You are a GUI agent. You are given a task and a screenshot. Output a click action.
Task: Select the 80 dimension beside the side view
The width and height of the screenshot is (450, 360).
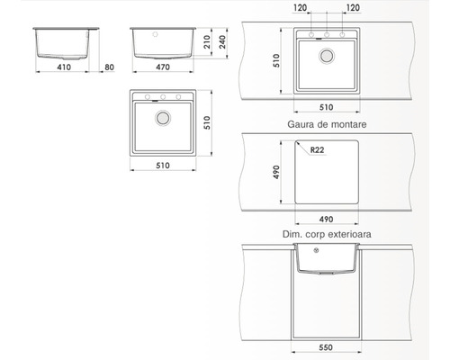click(x=109, y=66)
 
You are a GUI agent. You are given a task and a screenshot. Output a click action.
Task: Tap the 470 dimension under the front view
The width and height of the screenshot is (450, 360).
click(x=163, y=66)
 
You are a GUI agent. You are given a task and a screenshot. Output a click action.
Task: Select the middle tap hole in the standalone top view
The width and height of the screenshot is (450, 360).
click(x=163, y=97)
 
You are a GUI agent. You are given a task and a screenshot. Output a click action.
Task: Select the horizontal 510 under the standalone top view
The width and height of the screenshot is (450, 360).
click(x=163, y=165)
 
